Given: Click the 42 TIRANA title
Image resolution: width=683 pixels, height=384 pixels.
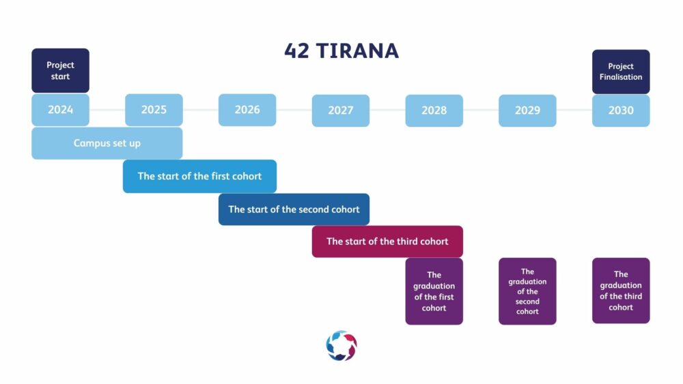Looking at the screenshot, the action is pos(341,51).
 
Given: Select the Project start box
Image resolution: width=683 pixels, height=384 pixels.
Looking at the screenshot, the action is pos(61,70).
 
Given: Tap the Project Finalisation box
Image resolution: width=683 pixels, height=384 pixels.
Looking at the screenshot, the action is pos(621,72).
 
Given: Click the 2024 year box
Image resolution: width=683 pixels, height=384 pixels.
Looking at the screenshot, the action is pos(61,110).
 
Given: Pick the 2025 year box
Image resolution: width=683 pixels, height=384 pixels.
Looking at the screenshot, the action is pos(154,110).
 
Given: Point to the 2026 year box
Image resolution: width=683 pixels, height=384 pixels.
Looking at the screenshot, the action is pos(247,110).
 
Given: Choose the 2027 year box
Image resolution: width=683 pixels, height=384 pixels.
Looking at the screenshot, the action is pos(341,110).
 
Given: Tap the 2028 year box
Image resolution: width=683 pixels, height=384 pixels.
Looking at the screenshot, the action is pos(434,110).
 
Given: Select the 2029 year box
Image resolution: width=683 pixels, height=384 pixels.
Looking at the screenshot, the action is pos(527,110).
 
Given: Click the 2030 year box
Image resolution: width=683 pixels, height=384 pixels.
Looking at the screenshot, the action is pos(621,110).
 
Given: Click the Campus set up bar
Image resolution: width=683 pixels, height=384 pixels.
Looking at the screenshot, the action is pos(107,143).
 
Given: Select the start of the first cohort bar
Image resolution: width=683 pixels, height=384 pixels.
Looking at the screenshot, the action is pos(199,176).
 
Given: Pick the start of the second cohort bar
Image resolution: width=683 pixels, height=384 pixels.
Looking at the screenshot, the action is pos(294,209).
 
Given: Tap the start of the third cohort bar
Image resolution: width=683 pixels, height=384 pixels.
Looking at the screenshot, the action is pos(387,241).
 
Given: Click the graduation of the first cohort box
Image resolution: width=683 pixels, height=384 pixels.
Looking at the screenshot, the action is pos(434,291).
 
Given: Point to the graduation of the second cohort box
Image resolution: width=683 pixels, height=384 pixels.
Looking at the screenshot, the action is pos(527,291).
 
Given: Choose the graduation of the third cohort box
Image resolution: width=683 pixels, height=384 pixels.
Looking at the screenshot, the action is pos(621,291).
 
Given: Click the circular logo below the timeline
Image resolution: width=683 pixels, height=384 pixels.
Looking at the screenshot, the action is pos(341,346).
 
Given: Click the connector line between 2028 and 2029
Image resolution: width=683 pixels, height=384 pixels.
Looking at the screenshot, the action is pos(481,110).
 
